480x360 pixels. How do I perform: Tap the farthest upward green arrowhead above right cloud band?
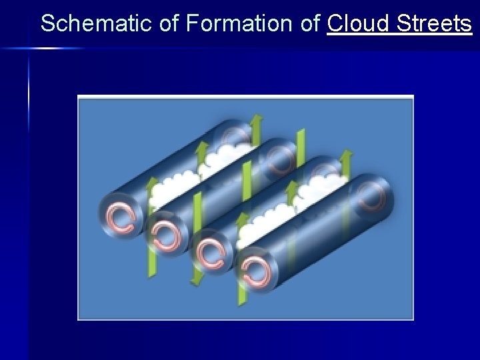[346, 157]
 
